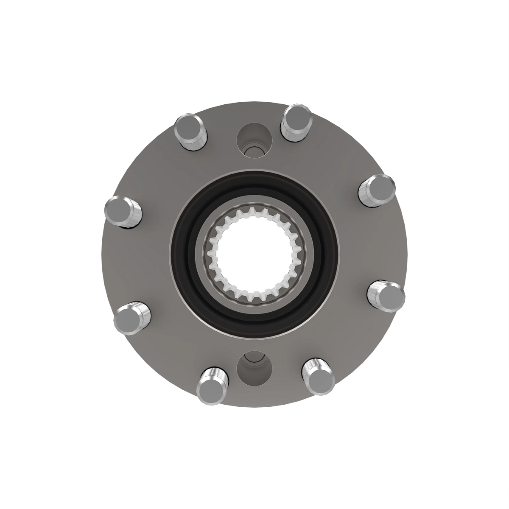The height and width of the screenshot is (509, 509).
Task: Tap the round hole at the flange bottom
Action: click(x=254, y=366)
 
